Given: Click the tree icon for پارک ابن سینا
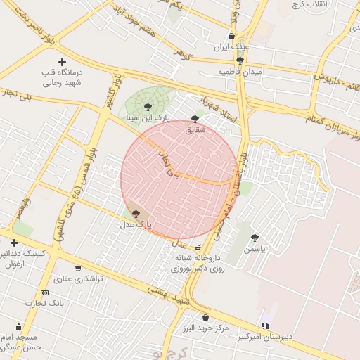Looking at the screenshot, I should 147,106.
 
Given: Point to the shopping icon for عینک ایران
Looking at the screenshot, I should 231,37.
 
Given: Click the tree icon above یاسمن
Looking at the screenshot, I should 255,238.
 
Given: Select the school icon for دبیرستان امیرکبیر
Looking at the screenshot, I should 265,326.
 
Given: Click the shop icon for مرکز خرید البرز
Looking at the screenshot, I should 205,317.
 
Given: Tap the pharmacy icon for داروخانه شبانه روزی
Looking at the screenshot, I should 198,247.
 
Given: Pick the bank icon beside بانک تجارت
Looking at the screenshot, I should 45,292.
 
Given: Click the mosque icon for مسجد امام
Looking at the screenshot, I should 18,326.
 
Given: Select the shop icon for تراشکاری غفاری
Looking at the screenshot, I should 78,268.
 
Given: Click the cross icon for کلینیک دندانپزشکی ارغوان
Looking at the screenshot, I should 14,243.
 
